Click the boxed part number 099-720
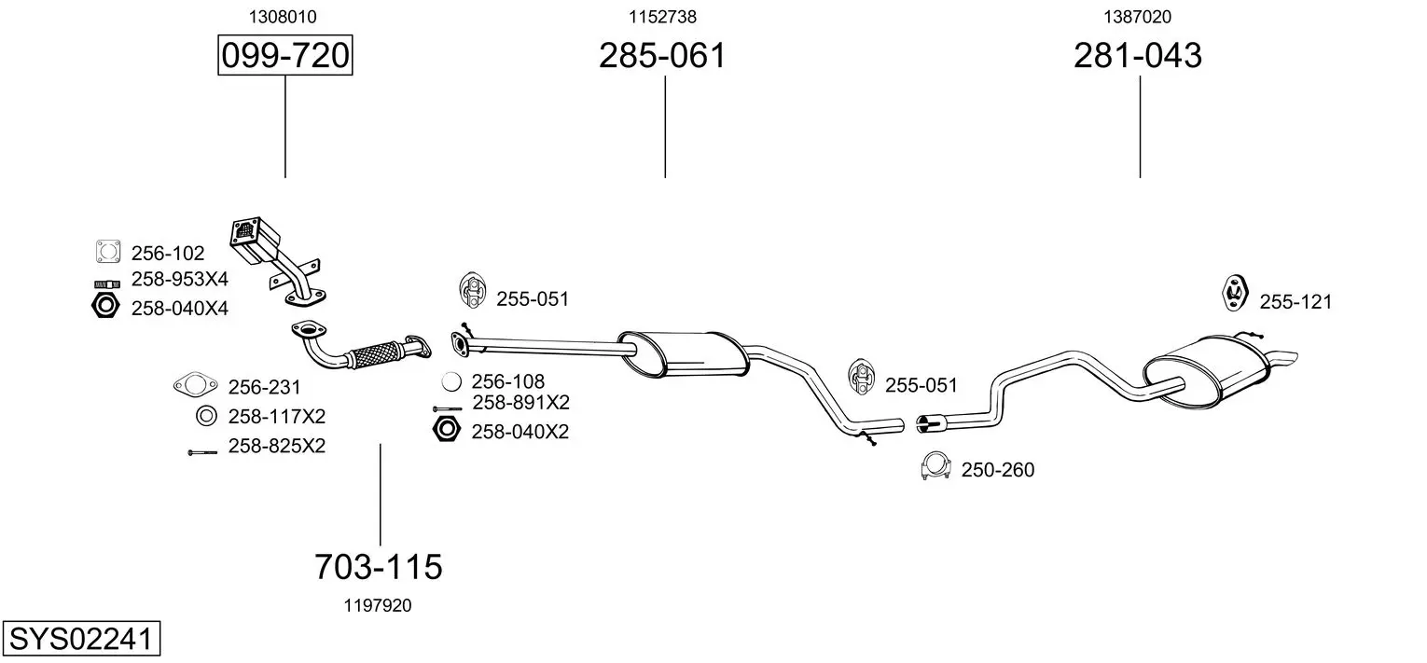[x=284, y=55]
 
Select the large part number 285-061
[x=662, y=55]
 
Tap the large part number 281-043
[x=1138, y=55]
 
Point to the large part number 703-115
[x=379, y=566]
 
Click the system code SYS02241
[x=81, y=639]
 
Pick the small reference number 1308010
[x=283, y=17]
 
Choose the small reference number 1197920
[x=378, y=605]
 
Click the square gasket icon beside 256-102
[x=107, y=252]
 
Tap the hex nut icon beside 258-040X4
[x=105, y=306]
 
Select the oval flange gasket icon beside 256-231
[x=195, y=385]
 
